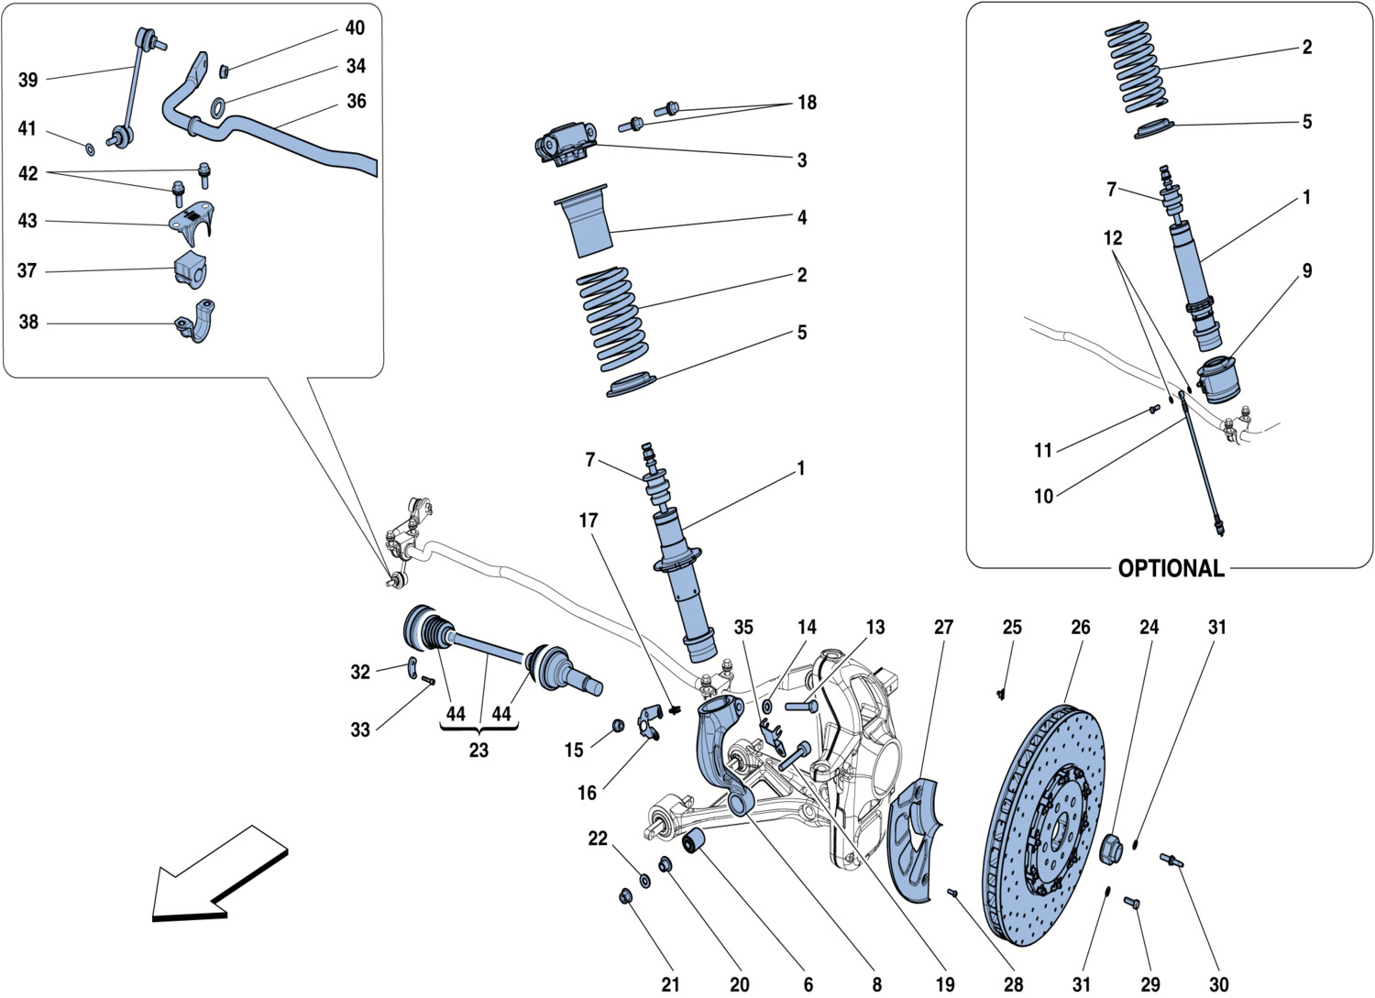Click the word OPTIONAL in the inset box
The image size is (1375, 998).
click(1171, 568)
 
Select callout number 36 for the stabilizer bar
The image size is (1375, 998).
click(356, 101)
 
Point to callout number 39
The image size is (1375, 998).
click(28, 80)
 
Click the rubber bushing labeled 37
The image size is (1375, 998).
click(191, 268)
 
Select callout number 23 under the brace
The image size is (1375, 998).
click(478, 750)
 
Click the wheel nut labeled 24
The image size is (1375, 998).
click(1111, 849)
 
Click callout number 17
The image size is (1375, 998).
click(588, 521)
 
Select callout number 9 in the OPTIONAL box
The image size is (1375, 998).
click(1306, 270)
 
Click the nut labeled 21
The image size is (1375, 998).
click(626, 895)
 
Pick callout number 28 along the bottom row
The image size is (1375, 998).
click(1013, 983)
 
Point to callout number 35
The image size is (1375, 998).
click(743, 627)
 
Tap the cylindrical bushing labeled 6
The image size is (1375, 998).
click(696, 839)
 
